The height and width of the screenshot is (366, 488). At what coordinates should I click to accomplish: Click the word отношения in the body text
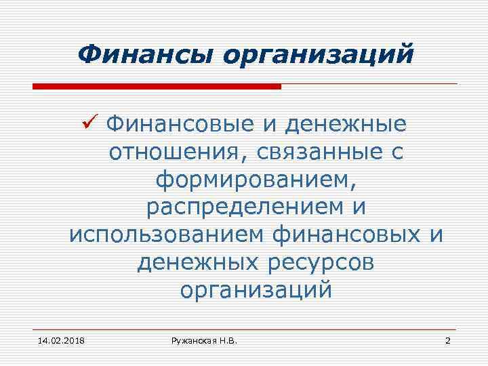point(171,152)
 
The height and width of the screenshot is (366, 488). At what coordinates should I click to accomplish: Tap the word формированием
point(256,180)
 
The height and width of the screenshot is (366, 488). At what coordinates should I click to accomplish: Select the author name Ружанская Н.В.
point(205,340)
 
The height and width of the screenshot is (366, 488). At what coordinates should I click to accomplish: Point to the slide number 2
point(447,340)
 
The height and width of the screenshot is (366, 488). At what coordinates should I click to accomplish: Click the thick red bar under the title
point(157,87)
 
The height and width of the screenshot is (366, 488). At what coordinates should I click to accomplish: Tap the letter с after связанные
point(397,153)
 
